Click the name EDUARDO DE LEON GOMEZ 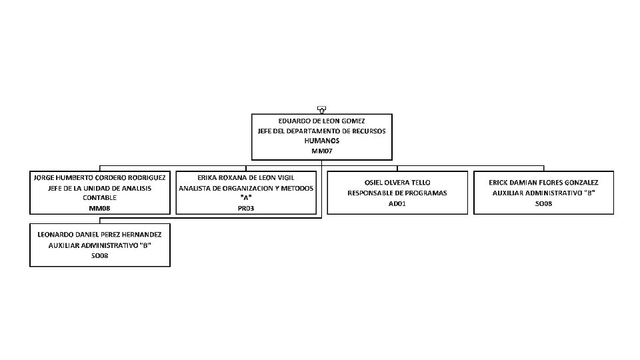321,121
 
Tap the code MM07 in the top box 321,151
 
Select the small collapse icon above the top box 321,109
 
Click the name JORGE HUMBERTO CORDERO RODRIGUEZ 100,178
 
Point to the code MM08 100,208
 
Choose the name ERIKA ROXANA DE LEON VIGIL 246,178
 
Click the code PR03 246,208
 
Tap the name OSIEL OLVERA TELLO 397,182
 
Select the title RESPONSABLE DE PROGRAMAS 397,193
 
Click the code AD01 397,203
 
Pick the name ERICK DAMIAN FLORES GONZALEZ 543,182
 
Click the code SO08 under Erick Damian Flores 543,203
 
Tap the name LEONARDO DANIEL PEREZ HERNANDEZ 100,234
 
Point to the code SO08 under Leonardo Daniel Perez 100,255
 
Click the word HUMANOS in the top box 321,141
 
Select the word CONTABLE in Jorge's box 100,198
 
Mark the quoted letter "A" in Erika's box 246,198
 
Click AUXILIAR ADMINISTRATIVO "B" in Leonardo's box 100,245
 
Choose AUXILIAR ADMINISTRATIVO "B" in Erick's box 543,193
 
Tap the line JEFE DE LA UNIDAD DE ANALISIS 100,188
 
